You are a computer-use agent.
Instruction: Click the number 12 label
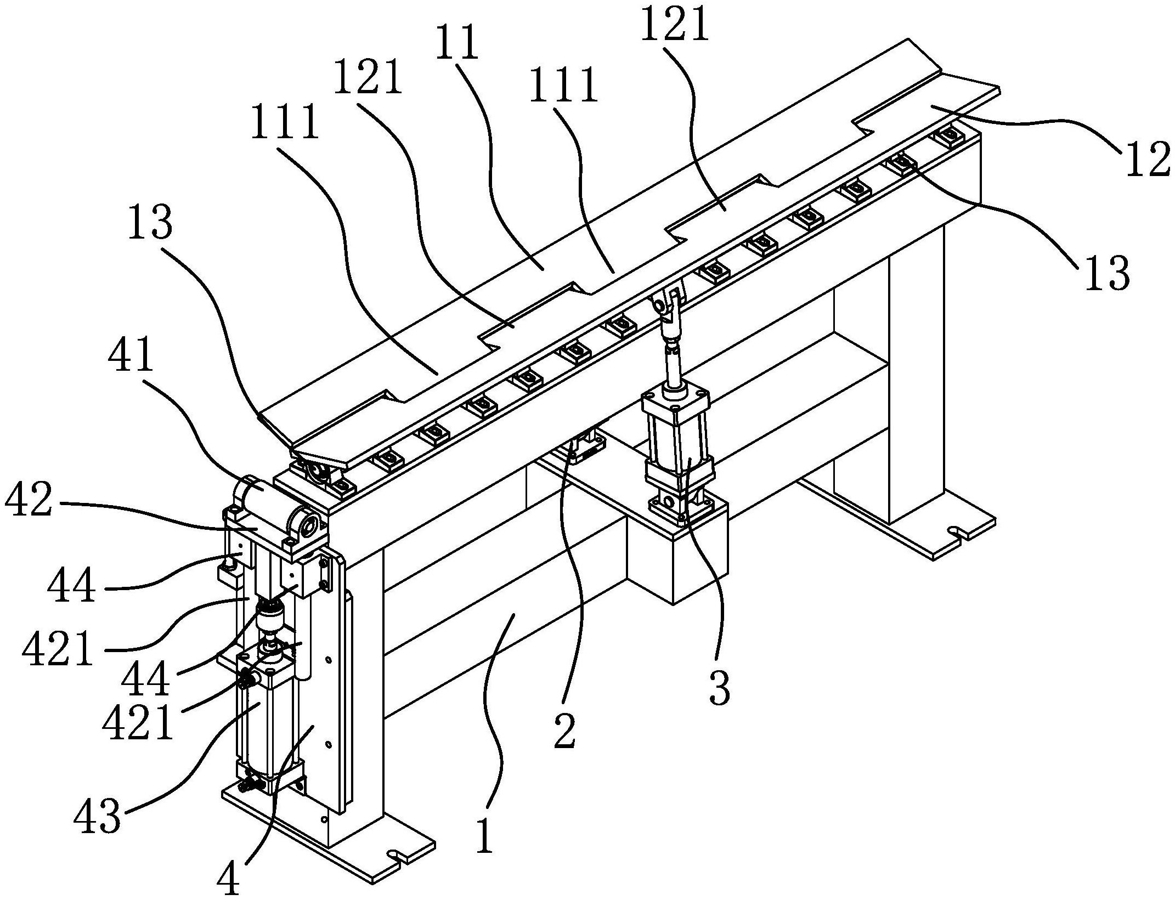pyautogui.click(x=1148, y=156)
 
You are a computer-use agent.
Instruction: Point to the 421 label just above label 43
pyautogui.click(x=138, y=721)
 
